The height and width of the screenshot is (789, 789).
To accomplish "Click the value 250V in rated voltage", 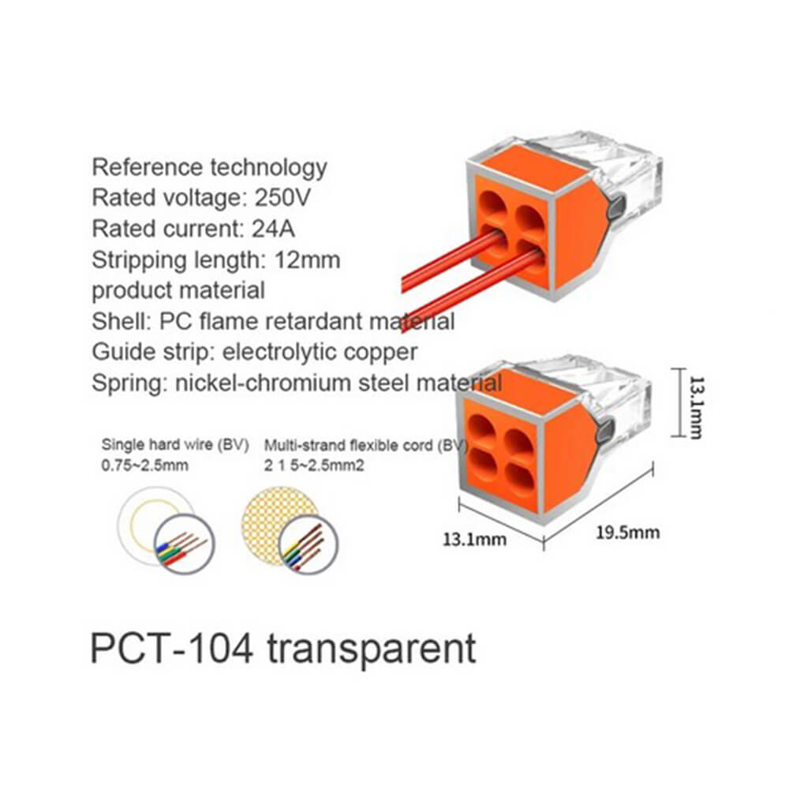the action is coord(282,198).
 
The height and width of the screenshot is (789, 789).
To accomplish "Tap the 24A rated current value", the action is coord(273,229).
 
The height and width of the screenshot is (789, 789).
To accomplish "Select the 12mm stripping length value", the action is coord(308,260).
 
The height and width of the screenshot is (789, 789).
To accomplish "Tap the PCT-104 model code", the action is coord(171,649).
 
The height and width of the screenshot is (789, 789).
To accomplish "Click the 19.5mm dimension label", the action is coord(627,533).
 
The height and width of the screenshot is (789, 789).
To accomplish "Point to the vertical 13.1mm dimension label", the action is coord(697,408).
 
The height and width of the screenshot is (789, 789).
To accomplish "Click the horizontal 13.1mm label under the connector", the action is coord(474,540).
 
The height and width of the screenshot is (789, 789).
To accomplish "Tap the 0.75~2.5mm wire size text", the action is coord(145,466).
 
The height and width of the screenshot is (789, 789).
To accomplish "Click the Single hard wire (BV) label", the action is coord(175,445).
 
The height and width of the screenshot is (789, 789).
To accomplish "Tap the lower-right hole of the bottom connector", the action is coord(520,476).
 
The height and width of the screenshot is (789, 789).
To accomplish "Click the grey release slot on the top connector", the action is coord(617,208).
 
